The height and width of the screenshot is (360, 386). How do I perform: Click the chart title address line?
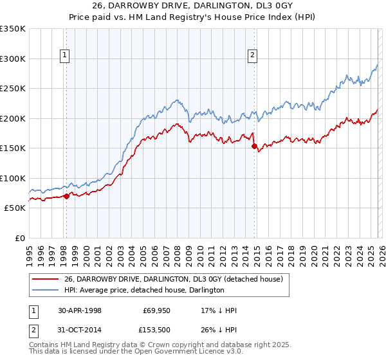[193, 7]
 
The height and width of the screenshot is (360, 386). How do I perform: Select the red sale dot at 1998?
[66, 196]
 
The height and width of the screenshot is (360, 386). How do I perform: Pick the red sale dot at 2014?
[255, 147]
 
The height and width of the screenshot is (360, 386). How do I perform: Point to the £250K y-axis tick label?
[13, 89]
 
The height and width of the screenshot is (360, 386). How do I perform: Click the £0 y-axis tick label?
[19, 238]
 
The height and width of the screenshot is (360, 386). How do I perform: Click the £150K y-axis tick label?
[13, 148]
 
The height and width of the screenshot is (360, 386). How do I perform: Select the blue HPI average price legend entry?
[143, 290]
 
